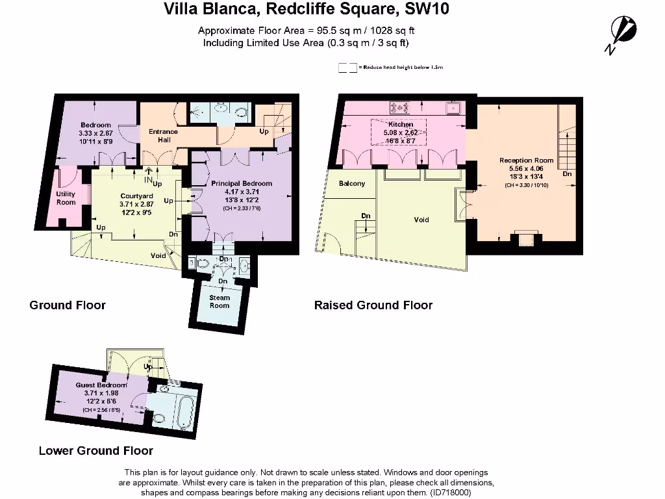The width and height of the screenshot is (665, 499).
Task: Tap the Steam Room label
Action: pos(220,301)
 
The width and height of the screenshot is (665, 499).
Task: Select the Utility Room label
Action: pos(66,198)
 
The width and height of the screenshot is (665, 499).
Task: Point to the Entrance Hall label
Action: pos(163,135)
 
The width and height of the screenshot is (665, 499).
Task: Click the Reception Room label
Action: pos(526,160)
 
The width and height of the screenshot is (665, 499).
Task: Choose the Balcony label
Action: pos(352,183)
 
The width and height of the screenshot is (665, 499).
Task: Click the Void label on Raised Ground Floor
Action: pos(421,220)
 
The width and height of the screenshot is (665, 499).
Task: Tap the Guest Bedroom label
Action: pos(101,385)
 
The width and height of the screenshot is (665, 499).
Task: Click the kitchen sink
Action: pos(453,107)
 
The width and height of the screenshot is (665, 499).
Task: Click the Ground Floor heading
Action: pos(68,305)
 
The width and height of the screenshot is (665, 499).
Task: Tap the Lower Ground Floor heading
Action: pos(96,450)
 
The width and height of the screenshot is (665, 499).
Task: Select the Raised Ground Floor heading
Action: pos(373,305)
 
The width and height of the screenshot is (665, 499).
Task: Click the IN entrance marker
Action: pos(148,180)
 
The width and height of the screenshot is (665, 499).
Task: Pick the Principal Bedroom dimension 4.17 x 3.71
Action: pos(242,192)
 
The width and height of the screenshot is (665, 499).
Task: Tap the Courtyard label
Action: pos(136,196)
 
